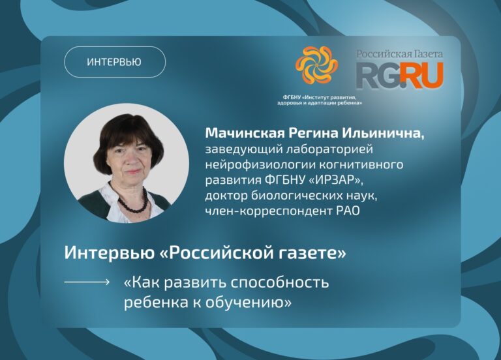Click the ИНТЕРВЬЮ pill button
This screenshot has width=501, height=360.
(x=115, y=62)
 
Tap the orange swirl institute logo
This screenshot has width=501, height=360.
(x=316, y=65)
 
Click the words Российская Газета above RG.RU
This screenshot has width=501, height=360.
(x=400, y=53)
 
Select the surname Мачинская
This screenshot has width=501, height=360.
(x=245, y=133)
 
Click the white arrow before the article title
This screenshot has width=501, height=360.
(x=87, y=282)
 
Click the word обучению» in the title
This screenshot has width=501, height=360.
(x=249, y=302)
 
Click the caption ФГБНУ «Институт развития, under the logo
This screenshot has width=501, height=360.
(x=320, y=97)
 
